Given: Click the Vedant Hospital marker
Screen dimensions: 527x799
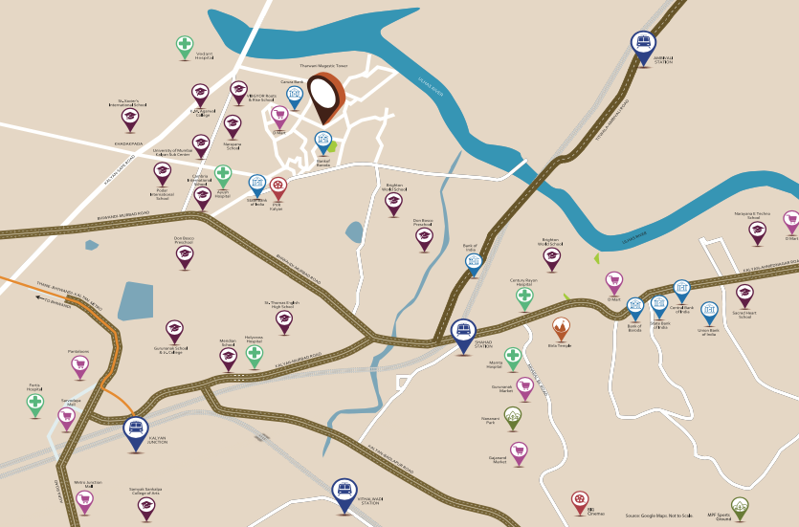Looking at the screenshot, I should (185, 45).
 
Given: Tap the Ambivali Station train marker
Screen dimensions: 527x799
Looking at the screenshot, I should (642, 43).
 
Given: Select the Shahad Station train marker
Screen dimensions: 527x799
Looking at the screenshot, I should (463, 331).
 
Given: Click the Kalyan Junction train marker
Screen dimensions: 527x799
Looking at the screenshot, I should (136, 428).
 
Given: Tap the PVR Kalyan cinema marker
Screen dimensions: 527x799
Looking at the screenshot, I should (278, 186).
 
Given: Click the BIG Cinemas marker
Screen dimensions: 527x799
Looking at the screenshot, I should (579, 499).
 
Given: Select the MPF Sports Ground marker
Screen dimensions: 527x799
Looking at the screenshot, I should (740, 505).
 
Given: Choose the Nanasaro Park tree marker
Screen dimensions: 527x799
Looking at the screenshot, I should (513, 416).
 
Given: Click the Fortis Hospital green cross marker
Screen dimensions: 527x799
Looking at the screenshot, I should (35, 403).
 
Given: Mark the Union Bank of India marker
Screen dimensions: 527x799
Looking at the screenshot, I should (709, 312).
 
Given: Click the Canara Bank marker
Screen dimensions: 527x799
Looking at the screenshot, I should (295, 97).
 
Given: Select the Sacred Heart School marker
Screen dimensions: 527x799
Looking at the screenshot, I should (744, 295).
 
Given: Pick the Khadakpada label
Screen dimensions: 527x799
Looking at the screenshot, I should (128, 143).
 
